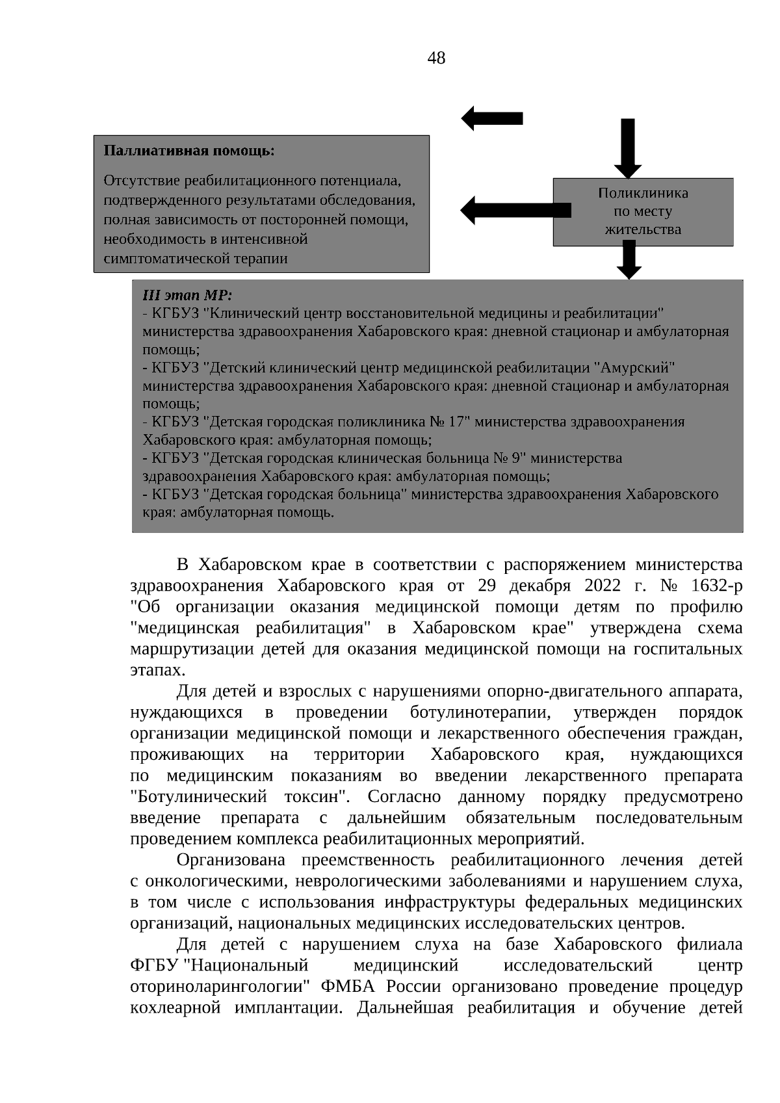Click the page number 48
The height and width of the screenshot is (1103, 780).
click(436, 58)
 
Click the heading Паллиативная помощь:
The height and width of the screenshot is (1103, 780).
click(189, 151)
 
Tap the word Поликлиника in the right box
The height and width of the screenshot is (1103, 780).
click(642, 193)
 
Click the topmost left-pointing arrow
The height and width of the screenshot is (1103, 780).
click(491, 118)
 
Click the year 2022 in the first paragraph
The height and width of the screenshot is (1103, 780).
click(603, 586)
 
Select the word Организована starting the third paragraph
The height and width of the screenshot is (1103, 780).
click(231, 861)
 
